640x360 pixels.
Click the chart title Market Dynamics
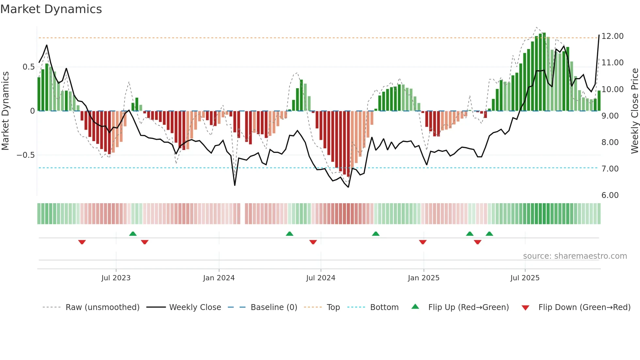coord(51,9)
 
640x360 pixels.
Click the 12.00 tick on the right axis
coord(612,36)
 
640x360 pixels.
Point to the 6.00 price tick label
coord(610,195)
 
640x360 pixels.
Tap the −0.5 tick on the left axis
coord(26,155)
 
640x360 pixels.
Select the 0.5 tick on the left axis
coord(28,67)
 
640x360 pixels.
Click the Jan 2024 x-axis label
coord(219,278)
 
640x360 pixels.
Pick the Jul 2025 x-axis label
coord(525,278)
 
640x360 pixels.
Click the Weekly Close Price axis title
coord(634,111)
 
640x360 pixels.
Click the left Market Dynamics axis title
coord(5,111)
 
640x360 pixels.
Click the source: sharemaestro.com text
coord(575,256)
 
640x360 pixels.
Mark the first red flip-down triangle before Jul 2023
coord(82,242)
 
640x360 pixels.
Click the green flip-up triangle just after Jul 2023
coord(133,234)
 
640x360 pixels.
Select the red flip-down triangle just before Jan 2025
coord(423,242)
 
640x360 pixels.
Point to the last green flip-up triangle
coord(489,234)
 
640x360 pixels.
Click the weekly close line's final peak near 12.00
coord(599,35)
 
